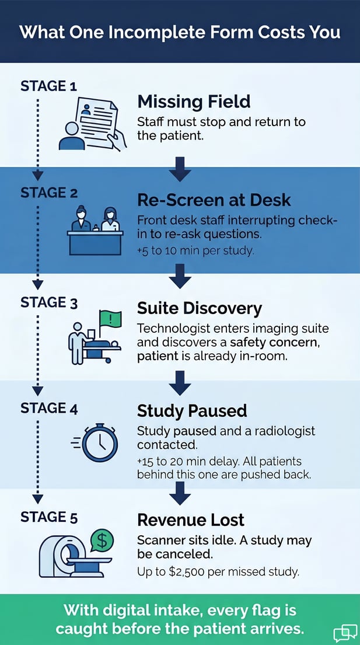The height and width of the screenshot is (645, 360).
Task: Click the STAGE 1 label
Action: coord(48,86)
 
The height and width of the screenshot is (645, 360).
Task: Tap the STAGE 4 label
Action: coord(49,408)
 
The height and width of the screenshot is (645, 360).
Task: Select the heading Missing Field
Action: coord(194,102)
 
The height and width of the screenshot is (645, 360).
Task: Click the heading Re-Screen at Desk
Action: coord(214,200)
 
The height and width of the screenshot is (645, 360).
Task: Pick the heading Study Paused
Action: coord(192,410)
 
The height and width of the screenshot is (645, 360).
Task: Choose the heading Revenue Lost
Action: coord(191,520)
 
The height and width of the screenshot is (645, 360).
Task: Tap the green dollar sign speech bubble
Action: coord(101,541)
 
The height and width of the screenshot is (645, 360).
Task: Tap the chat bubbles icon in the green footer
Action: coord(345,633)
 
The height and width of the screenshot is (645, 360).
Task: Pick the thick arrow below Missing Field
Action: coord(180,169)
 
